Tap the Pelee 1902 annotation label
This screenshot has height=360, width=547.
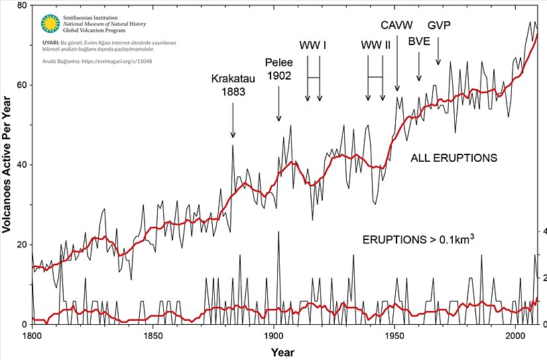(x=278, y=69)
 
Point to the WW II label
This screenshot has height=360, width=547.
(x=375, y=46)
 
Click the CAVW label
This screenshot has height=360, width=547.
(x=396, y=25)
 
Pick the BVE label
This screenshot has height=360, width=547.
(x=420, y=41)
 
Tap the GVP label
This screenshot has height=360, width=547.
(x=439, y=25)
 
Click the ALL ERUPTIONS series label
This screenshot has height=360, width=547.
(x=454, y=158)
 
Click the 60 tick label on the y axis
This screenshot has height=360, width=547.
(x=22, y=85)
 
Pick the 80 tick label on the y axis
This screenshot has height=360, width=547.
(x=22, y=6)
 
